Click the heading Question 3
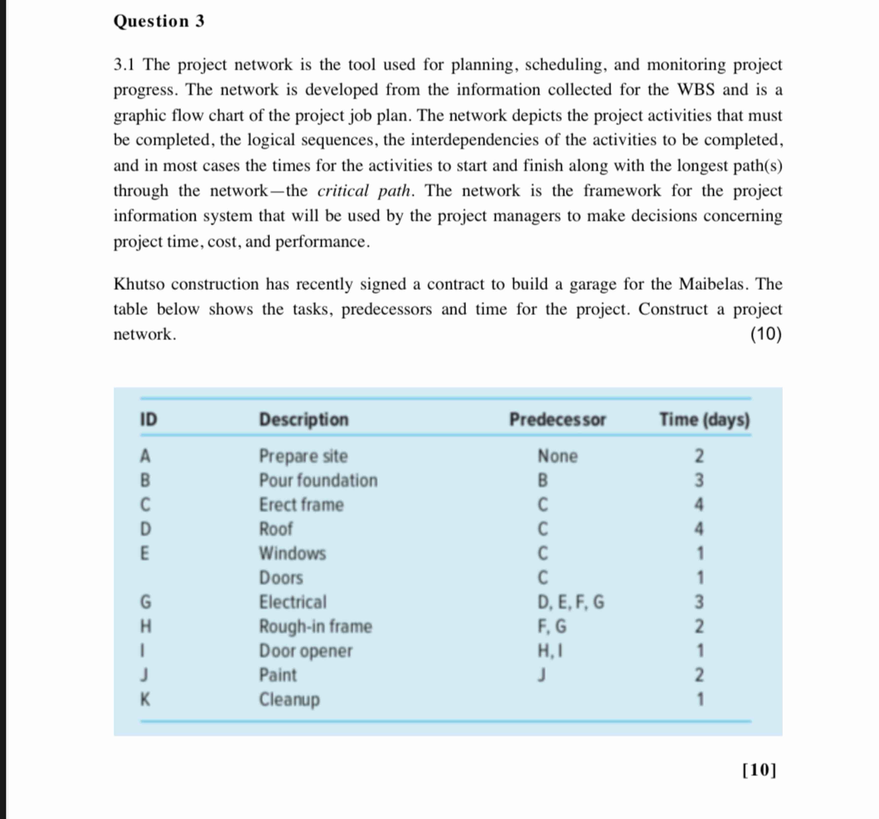click(159, 21)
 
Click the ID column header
click(148, 419)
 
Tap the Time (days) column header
click(704, 419)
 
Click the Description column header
click(304, 419)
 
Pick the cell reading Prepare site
click(303, 456)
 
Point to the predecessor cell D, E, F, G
click(570, 602)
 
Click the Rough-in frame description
click(315, 626)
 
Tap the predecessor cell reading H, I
click(550, 651)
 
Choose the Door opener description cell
click(305, 651)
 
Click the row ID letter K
click(145, 699)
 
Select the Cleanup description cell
click(289, 699)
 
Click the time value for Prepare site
click(699, 456)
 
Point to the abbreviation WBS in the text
click(696, 90)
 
